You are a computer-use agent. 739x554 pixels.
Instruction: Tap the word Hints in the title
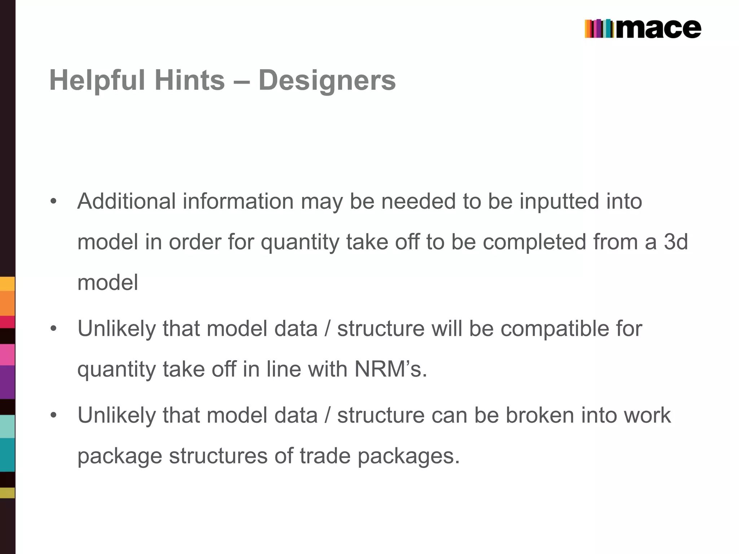click(189, 80)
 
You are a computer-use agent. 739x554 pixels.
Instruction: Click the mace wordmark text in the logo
click(659, 29)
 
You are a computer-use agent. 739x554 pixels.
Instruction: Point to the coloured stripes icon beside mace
click(599, 29)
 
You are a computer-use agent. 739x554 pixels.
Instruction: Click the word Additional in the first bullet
click(126, 201)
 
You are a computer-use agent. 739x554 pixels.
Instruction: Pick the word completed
click(534, 242)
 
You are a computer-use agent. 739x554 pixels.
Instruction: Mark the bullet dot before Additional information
click(54, 201)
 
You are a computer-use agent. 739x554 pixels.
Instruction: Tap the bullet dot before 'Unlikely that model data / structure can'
click(54, 415)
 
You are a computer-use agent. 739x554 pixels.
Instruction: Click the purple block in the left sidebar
click(7, 382)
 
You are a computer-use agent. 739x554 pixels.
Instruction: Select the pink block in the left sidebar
click(7, 355)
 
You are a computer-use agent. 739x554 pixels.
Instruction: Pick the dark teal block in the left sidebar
click(7, 455)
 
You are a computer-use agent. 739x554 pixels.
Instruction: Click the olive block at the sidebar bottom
click(7, 493)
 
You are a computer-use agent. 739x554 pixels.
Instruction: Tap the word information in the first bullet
click(238, 201)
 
